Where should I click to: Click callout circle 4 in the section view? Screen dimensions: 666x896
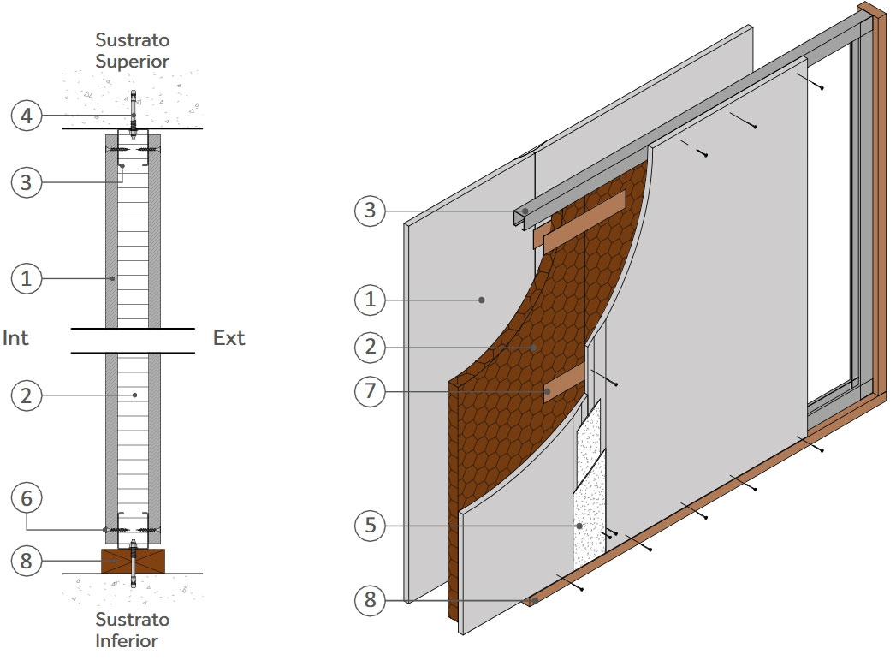click(x=27, y=116)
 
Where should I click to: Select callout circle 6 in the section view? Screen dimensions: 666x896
click(x=27, y=497)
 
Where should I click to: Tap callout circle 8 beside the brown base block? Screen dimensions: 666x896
click(x=27, y=561)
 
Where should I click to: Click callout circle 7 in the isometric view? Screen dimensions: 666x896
click(x=370, y=392)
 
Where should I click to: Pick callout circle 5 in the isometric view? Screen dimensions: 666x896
click(x=370, y=524)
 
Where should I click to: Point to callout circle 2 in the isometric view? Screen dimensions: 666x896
click(x=370, y=348)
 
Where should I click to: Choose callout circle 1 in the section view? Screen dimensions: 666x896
click(x=27, y=278)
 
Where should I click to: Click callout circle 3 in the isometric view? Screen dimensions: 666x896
click(x=370, y=210)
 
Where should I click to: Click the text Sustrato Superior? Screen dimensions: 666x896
click(x=133, y=51)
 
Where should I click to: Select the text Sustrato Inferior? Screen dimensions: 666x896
click(x=133, y=629)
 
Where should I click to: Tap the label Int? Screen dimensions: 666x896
click(x=15, y=338)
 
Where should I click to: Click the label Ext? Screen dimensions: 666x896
click(x=228, y=338)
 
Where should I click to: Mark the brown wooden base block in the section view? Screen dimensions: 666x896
click(x=133, y=562)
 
